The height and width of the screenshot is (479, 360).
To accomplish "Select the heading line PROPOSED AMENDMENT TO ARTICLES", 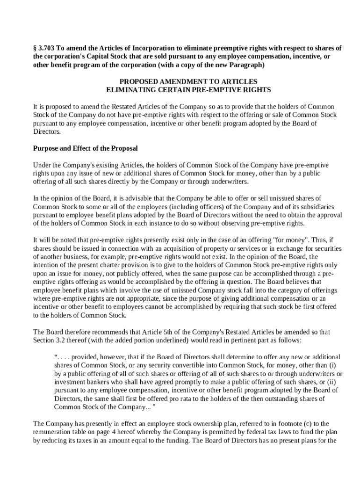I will point(188,81).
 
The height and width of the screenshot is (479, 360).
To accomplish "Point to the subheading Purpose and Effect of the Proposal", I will point(85,148).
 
